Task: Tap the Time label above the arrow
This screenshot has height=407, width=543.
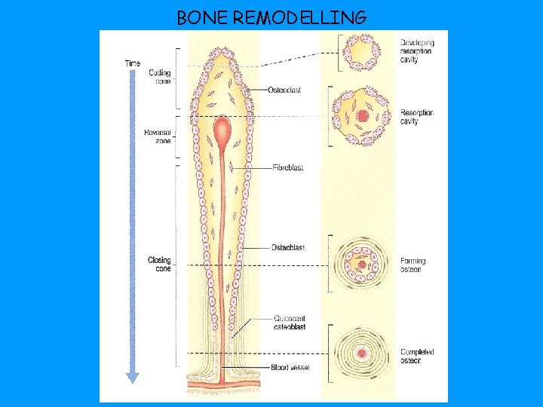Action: pos(133,63)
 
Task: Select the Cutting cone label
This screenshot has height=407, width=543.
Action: pos(159,77)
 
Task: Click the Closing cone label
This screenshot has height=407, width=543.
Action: pos(159,265)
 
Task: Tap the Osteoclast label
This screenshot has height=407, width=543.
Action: pos(284,90)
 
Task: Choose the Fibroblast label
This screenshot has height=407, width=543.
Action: pos(287,168)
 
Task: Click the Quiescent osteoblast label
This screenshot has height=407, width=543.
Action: pos(290,323)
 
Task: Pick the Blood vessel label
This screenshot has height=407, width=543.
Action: pos(290,367)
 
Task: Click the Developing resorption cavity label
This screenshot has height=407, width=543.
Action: pos(417,51)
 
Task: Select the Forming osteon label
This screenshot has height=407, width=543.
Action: pos(413,265)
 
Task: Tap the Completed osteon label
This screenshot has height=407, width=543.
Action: pos(417,356)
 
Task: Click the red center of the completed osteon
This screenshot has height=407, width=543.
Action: pos(362,353)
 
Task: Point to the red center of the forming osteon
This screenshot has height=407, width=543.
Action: pos(362,265)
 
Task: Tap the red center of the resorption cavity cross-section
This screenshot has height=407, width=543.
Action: pos(363,116)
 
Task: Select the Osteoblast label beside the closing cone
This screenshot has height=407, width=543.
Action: pos(287,247)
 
